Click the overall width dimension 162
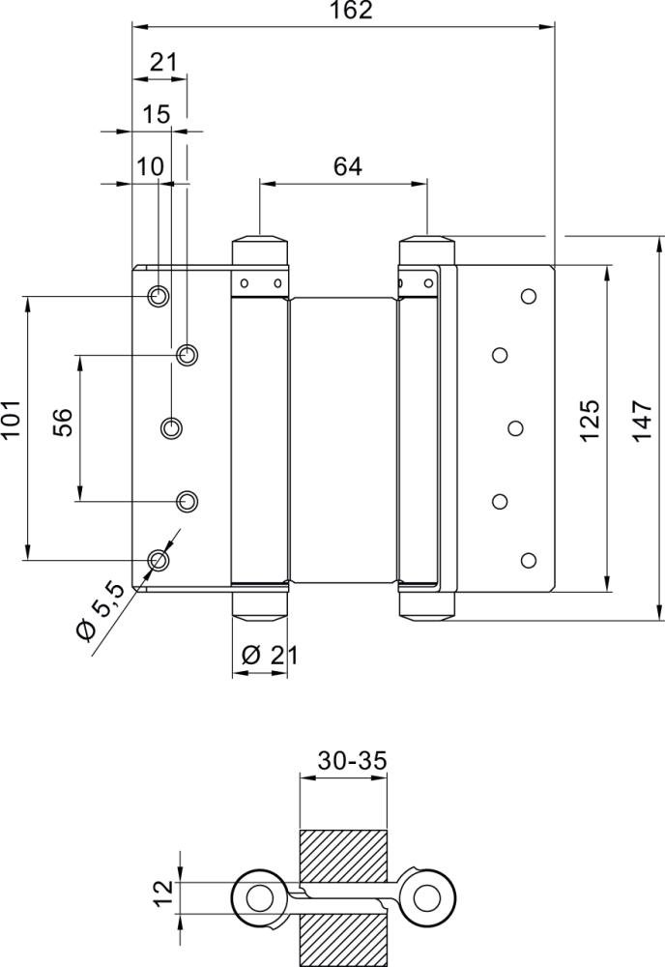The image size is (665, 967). point(344,11)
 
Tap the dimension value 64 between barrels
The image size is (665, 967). point(347,166)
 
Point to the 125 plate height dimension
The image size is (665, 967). point(591,420)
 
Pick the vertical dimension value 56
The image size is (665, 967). point(62,423)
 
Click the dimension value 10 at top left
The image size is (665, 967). point(150,166)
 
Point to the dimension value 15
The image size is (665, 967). point(156,115)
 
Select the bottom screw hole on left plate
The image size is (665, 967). point(158,559)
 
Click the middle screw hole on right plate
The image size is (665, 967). point(514,427)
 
